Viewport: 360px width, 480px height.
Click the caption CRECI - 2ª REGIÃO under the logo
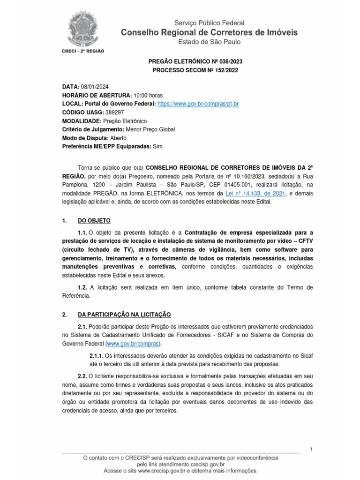click(x=83, y=51)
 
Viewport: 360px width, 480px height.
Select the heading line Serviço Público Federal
click(x=209, y=23)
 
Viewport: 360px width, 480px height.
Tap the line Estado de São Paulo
click(x=209, y=42)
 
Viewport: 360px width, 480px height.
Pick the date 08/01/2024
click(x=96, y=87)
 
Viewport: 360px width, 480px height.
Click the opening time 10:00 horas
click(x=149, y=95)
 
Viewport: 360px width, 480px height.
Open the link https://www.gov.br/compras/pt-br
click(x=198, y=104)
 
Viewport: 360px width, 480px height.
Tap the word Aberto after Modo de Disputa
click(x=118, y=138)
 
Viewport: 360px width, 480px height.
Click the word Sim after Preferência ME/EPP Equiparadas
click(x=158, y=146)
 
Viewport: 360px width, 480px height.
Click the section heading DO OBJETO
click(x=94, y=221)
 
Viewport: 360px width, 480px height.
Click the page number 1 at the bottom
click(x=311, y=450)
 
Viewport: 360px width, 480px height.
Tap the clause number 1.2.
click(x=82, y=287)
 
